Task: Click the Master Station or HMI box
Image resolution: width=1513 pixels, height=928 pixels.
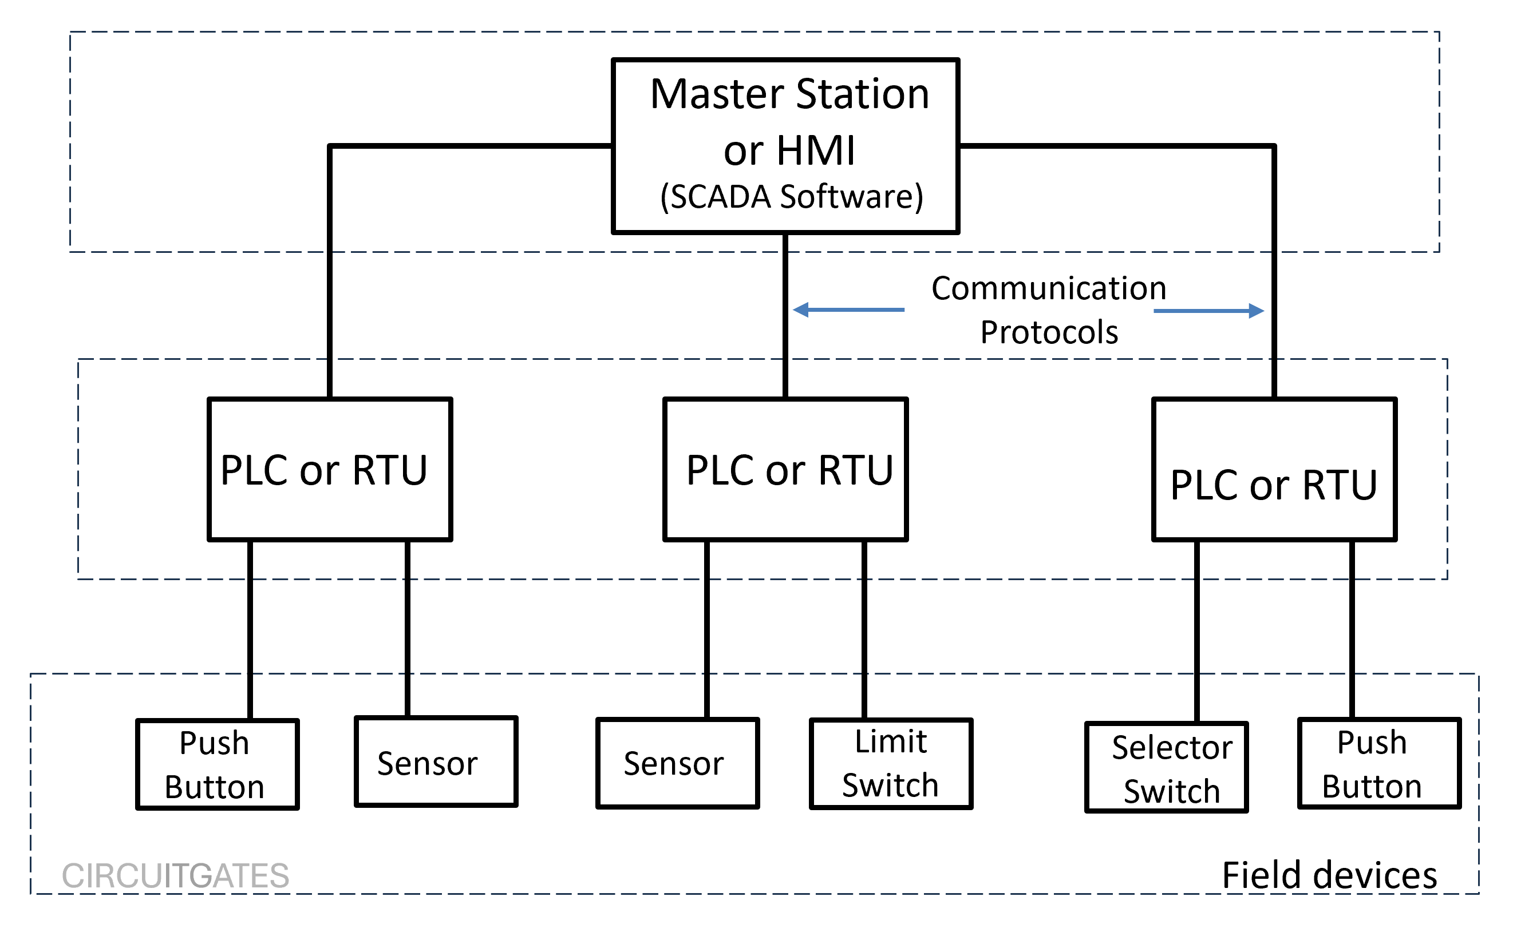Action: tap(785, 145)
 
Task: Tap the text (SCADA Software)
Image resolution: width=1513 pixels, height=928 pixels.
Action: tap(792, 196)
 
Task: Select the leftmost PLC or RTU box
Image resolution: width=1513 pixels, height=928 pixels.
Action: tap(330, 470)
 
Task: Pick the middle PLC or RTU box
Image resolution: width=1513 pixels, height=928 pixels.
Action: tap(785, 470)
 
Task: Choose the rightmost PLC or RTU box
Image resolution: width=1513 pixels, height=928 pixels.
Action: tap(1274, 470)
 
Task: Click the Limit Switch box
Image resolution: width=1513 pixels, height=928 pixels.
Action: tap(890, 764)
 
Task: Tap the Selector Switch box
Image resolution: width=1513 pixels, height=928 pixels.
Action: tap(1166, 768)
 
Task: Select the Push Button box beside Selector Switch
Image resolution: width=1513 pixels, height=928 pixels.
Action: tap(1378, 764)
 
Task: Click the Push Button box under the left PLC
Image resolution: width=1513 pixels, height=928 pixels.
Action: tap(218, 765)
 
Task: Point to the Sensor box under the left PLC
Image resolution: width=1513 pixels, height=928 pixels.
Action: tap(436, 762)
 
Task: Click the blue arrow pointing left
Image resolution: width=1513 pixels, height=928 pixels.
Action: tap(847, 310)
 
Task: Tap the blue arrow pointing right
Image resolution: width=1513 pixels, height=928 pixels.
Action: tap(1208, 311)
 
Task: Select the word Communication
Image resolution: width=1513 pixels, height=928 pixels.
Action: tap(1048, 288)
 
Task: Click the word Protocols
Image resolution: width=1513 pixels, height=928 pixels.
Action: tap(1048, 332)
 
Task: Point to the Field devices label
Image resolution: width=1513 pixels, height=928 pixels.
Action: tap(1329, 875)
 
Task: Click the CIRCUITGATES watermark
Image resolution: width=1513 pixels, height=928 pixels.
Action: tap(176, 876)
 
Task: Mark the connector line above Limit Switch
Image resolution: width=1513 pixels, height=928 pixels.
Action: tap(864, 629)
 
